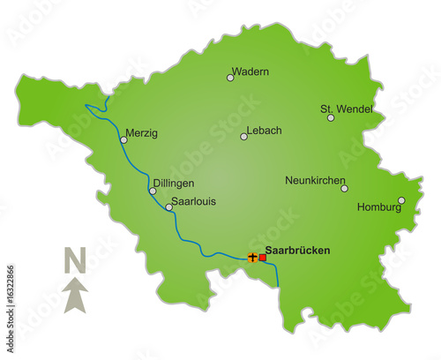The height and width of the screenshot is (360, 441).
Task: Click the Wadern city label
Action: tap(250, 71)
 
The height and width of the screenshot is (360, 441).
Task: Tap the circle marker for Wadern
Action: tap(230, 78)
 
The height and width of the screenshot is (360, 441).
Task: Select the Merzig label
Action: tap(141, 133)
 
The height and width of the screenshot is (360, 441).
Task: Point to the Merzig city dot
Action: tap(123, 139)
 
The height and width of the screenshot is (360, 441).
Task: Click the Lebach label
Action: tap(265, 131)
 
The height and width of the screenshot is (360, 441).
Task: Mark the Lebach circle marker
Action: tap(244, 136)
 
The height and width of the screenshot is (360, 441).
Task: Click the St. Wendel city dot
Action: tap(331, 117)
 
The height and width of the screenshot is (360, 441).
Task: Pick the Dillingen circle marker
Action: tap(153, 191)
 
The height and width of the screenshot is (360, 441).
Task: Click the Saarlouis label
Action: tap(192, 201)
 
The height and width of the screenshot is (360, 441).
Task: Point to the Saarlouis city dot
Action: tap(168, 208)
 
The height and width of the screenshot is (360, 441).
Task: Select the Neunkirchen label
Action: tap(315, 180)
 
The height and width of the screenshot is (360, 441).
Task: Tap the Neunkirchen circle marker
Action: tap(344, 188)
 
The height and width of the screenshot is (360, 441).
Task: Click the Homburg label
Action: tap(378, 208)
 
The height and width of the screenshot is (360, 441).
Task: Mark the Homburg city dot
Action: tap(401, 200)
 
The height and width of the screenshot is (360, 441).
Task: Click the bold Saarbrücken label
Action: tap(298, 251)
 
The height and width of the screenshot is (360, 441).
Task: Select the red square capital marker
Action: tap(262, 258)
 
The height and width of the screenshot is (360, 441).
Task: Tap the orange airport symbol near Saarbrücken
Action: tap(252, 258)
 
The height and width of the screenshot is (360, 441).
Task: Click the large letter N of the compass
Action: tap(75, 261)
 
